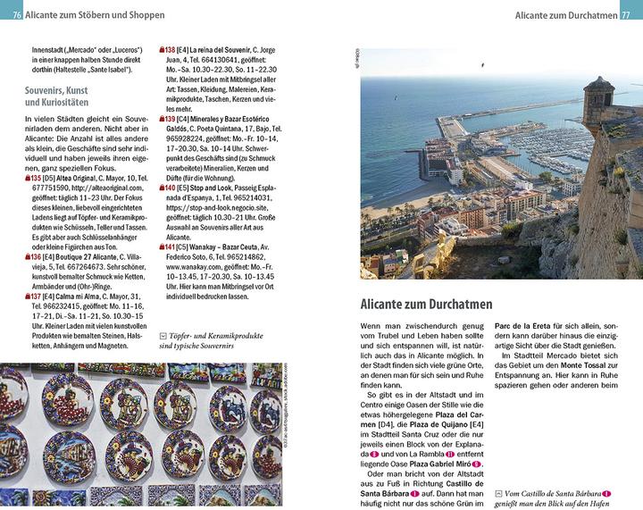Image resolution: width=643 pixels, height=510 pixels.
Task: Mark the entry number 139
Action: click(x=165, y=119)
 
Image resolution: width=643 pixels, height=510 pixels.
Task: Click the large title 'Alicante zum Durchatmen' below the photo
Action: click(x=432, y=304)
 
